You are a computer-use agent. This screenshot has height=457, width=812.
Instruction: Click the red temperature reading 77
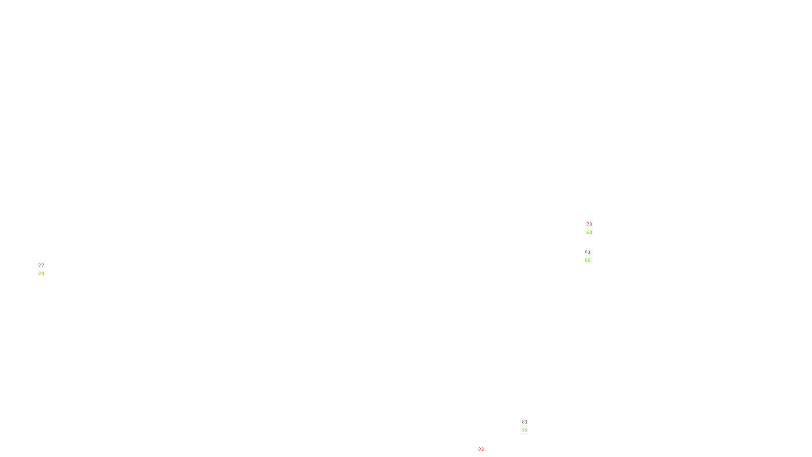(x=41, y=266)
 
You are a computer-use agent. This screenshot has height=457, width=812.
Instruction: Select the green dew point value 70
(x=41, y=274)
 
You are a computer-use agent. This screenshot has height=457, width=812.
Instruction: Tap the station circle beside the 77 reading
(x=46, y=270)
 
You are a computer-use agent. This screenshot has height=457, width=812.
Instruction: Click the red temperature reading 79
(x=589, y=224)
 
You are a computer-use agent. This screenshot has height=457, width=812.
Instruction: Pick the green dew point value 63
(x=589, y=233)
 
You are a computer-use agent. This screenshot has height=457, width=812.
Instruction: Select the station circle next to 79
(x=594, y=228)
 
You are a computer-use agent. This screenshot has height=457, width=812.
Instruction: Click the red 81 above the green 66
(x=588, y=252)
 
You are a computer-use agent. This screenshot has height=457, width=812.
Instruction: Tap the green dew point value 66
(x=588, y=260)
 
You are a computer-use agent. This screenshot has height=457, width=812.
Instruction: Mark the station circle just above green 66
(x=592, y=256)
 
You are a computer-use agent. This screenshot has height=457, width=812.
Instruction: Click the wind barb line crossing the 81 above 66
(x=585, y=253)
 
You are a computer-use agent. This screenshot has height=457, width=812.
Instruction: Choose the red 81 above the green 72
(x=525, y=422)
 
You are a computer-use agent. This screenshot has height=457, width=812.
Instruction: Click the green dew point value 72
(x=525, y=431)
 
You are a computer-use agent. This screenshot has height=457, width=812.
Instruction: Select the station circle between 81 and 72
(x=530, y=426)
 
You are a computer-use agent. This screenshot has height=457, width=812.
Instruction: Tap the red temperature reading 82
(x=481, y=449)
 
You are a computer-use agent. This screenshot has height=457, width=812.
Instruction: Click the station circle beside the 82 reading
(x=486, y=454)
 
